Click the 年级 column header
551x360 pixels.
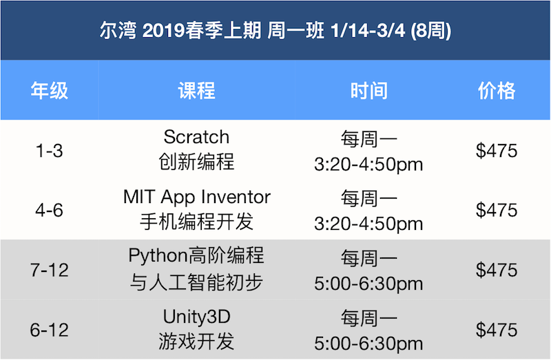49,91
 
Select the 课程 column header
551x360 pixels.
196,91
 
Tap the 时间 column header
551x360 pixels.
368,91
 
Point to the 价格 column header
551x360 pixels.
496,91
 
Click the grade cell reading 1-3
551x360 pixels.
49,151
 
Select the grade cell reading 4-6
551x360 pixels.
49,211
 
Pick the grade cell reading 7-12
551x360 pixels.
49,270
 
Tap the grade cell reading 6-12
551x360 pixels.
49,330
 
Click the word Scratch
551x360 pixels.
196,137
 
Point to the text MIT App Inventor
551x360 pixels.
197,197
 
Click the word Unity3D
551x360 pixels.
197,317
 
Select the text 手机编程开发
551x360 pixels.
196,222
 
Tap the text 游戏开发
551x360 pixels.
196,341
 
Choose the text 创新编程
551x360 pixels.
196,162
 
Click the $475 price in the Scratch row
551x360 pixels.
496,151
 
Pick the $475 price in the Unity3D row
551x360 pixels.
496,330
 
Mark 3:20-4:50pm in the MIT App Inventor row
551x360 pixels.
368,224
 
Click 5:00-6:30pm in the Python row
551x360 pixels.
368,284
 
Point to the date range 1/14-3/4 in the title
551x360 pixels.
368,31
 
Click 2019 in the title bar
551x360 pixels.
163,31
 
